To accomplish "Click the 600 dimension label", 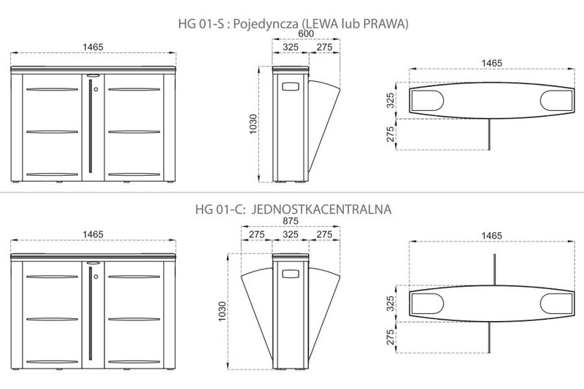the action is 306,34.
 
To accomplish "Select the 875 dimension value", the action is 290,221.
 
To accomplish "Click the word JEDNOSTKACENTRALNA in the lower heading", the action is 321,209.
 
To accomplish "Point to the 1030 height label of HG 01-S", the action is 253,124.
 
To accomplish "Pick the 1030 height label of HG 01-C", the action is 222,311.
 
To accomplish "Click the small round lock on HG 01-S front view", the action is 96,89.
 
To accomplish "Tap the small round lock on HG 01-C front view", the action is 96,277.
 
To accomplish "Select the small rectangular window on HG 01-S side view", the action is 291,87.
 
